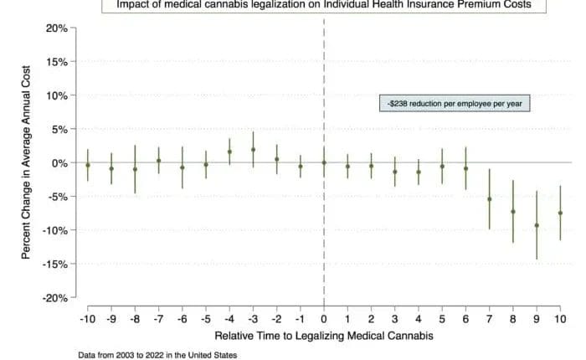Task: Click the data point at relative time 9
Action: [x=537, y=225]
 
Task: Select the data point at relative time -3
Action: [x=253, y=150]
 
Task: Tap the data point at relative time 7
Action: [x=489, y=199]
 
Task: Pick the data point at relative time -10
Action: [x=87, y=165]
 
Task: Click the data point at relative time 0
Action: [x=324, y=164]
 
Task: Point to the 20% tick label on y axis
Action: [x=56, y=28]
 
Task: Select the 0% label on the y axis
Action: [x=59, y=163]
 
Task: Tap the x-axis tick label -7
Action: [x=157, y=318]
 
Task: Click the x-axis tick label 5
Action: [x=442, y=318]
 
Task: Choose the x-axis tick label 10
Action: [x=560, y=318]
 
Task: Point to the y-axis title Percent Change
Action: [x=27, y=162]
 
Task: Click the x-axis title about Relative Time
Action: [x=323, y=335]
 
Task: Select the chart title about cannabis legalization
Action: [x=323, y=5]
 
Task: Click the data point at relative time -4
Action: [x=229, y=152]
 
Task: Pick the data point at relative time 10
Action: [x=560, y=213]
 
